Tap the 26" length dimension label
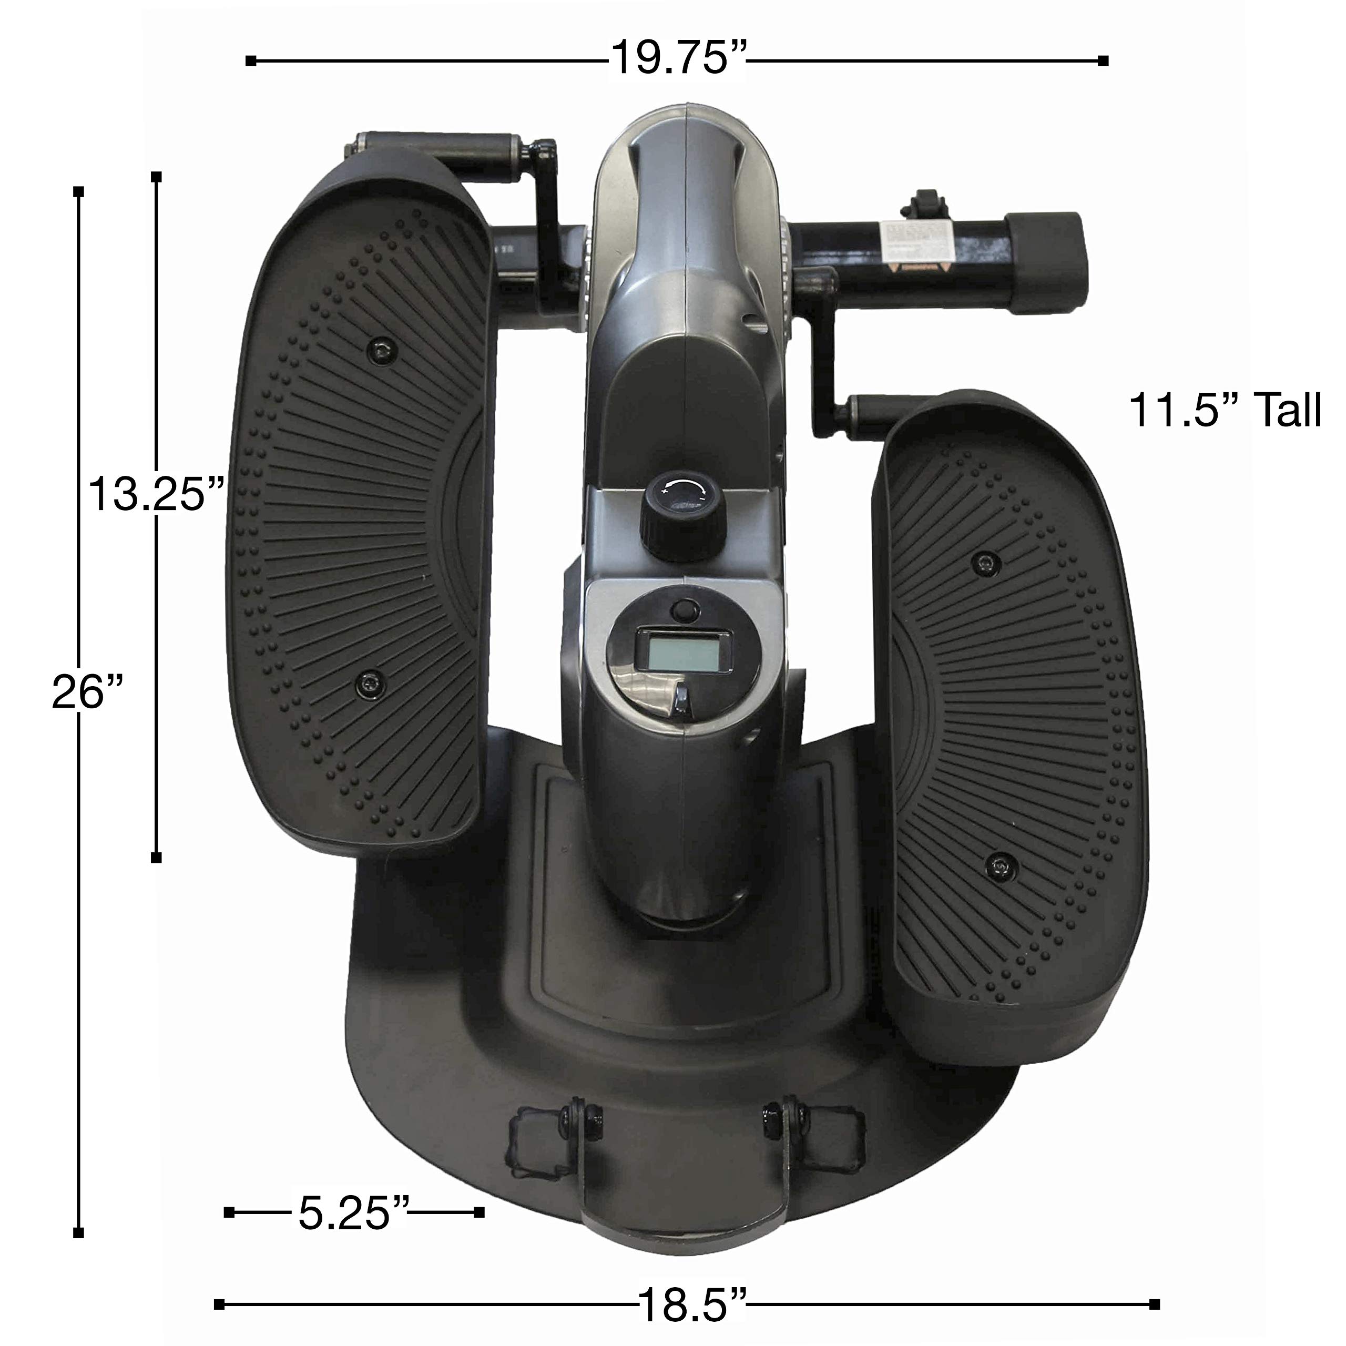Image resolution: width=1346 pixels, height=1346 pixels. coord(88,694)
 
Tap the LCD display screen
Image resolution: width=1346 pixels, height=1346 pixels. coord(681,651)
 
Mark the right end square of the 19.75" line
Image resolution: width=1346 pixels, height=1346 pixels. coord(1103,60)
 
